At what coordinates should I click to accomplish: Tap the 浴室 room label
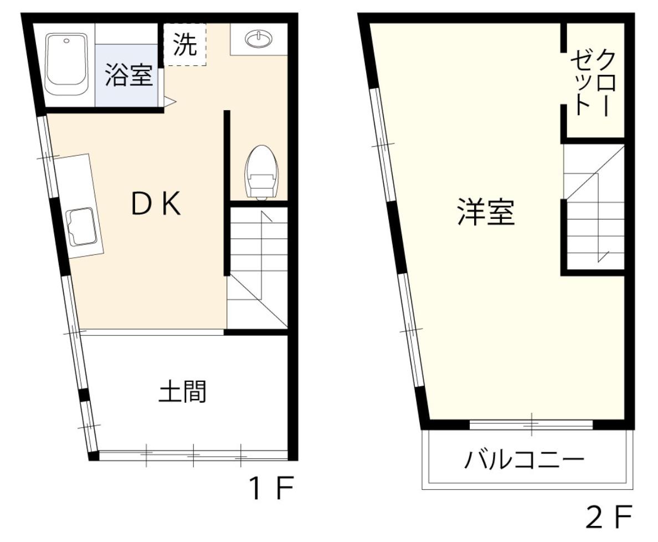pos(129,75)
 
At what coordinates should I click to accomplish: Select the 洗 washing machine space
pos(185,45)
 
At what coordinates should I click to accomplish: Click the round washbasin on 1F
pos(259,39)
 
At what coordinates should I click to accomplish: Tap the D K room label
pos(156,205)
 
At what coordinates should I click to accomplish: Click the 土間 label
pos(183,391)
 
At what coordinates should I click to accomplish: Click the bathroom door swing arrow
pos(169,101)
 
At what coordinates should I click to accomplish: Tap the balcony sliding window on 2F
pos(531,425)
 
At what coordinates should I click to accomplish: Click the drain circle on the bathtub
pos(66,40)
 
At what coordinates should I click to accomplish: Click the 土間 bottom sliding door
pos(193,456)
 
